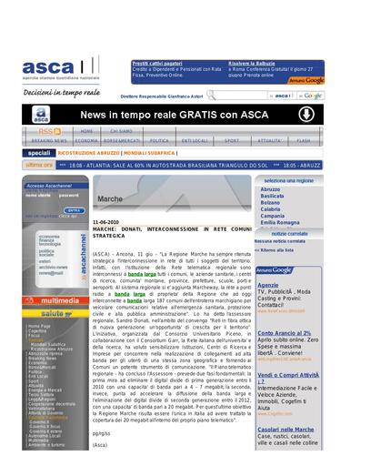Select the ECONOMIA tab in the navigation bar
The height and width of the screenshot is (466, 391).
86,141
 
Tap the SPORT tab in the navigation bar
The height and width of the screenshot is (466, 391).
232,141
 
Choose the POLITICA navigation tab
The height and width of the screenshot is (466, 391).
159,141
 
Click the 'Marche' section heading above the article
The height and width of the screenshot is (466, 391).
109,198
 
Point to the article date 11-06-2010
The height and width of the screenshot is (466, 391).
106,221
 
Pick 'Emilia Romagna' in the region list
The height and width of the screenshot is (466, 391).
280,222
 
